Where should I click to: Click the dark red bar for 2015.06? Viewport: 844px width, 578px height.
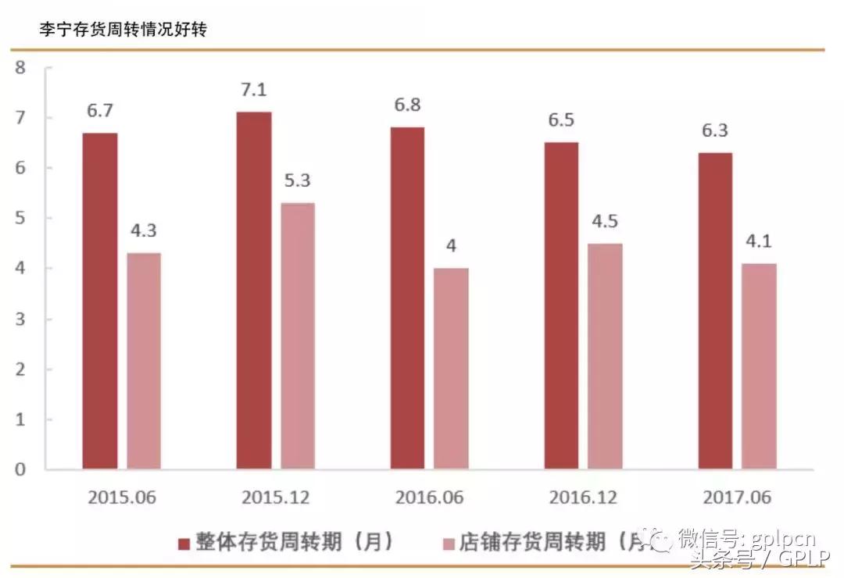tap(100, 301)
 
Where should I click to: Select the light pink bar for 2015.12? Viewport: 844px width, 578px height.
tap(298, 337)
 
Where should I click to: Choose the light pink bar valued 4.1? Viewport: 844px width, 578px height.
tap(759, 366)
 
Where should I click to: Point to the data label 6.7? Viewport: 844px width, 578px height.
tap(100, 111)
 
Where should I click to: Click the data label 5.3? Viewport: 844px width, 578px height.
tap(298, 180)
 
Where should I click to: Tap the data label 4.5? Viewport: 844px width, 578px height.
tap(605, 221)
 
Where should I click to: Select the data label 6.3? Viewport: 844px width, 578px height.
tap(715, 130)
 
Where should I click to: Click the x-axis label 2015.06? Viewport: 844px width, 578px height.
tap(122, 498)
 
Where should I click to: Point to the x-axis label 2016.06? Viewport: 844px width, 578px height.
tap(429, 498)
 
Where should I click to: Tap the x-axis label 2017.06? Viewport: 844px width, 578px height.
tap(736, 498)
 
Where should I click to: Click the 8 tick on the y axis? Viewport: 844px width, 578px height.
tap(21, 68)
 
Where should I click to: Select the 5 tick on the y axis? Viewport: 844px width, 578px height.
tap(21, 218)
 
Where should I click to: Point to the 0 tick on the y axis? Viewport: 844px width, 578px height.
tap(21, 469)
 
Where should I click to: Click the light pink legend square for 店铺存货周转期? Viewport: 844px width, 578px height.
tap(449, 543)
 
